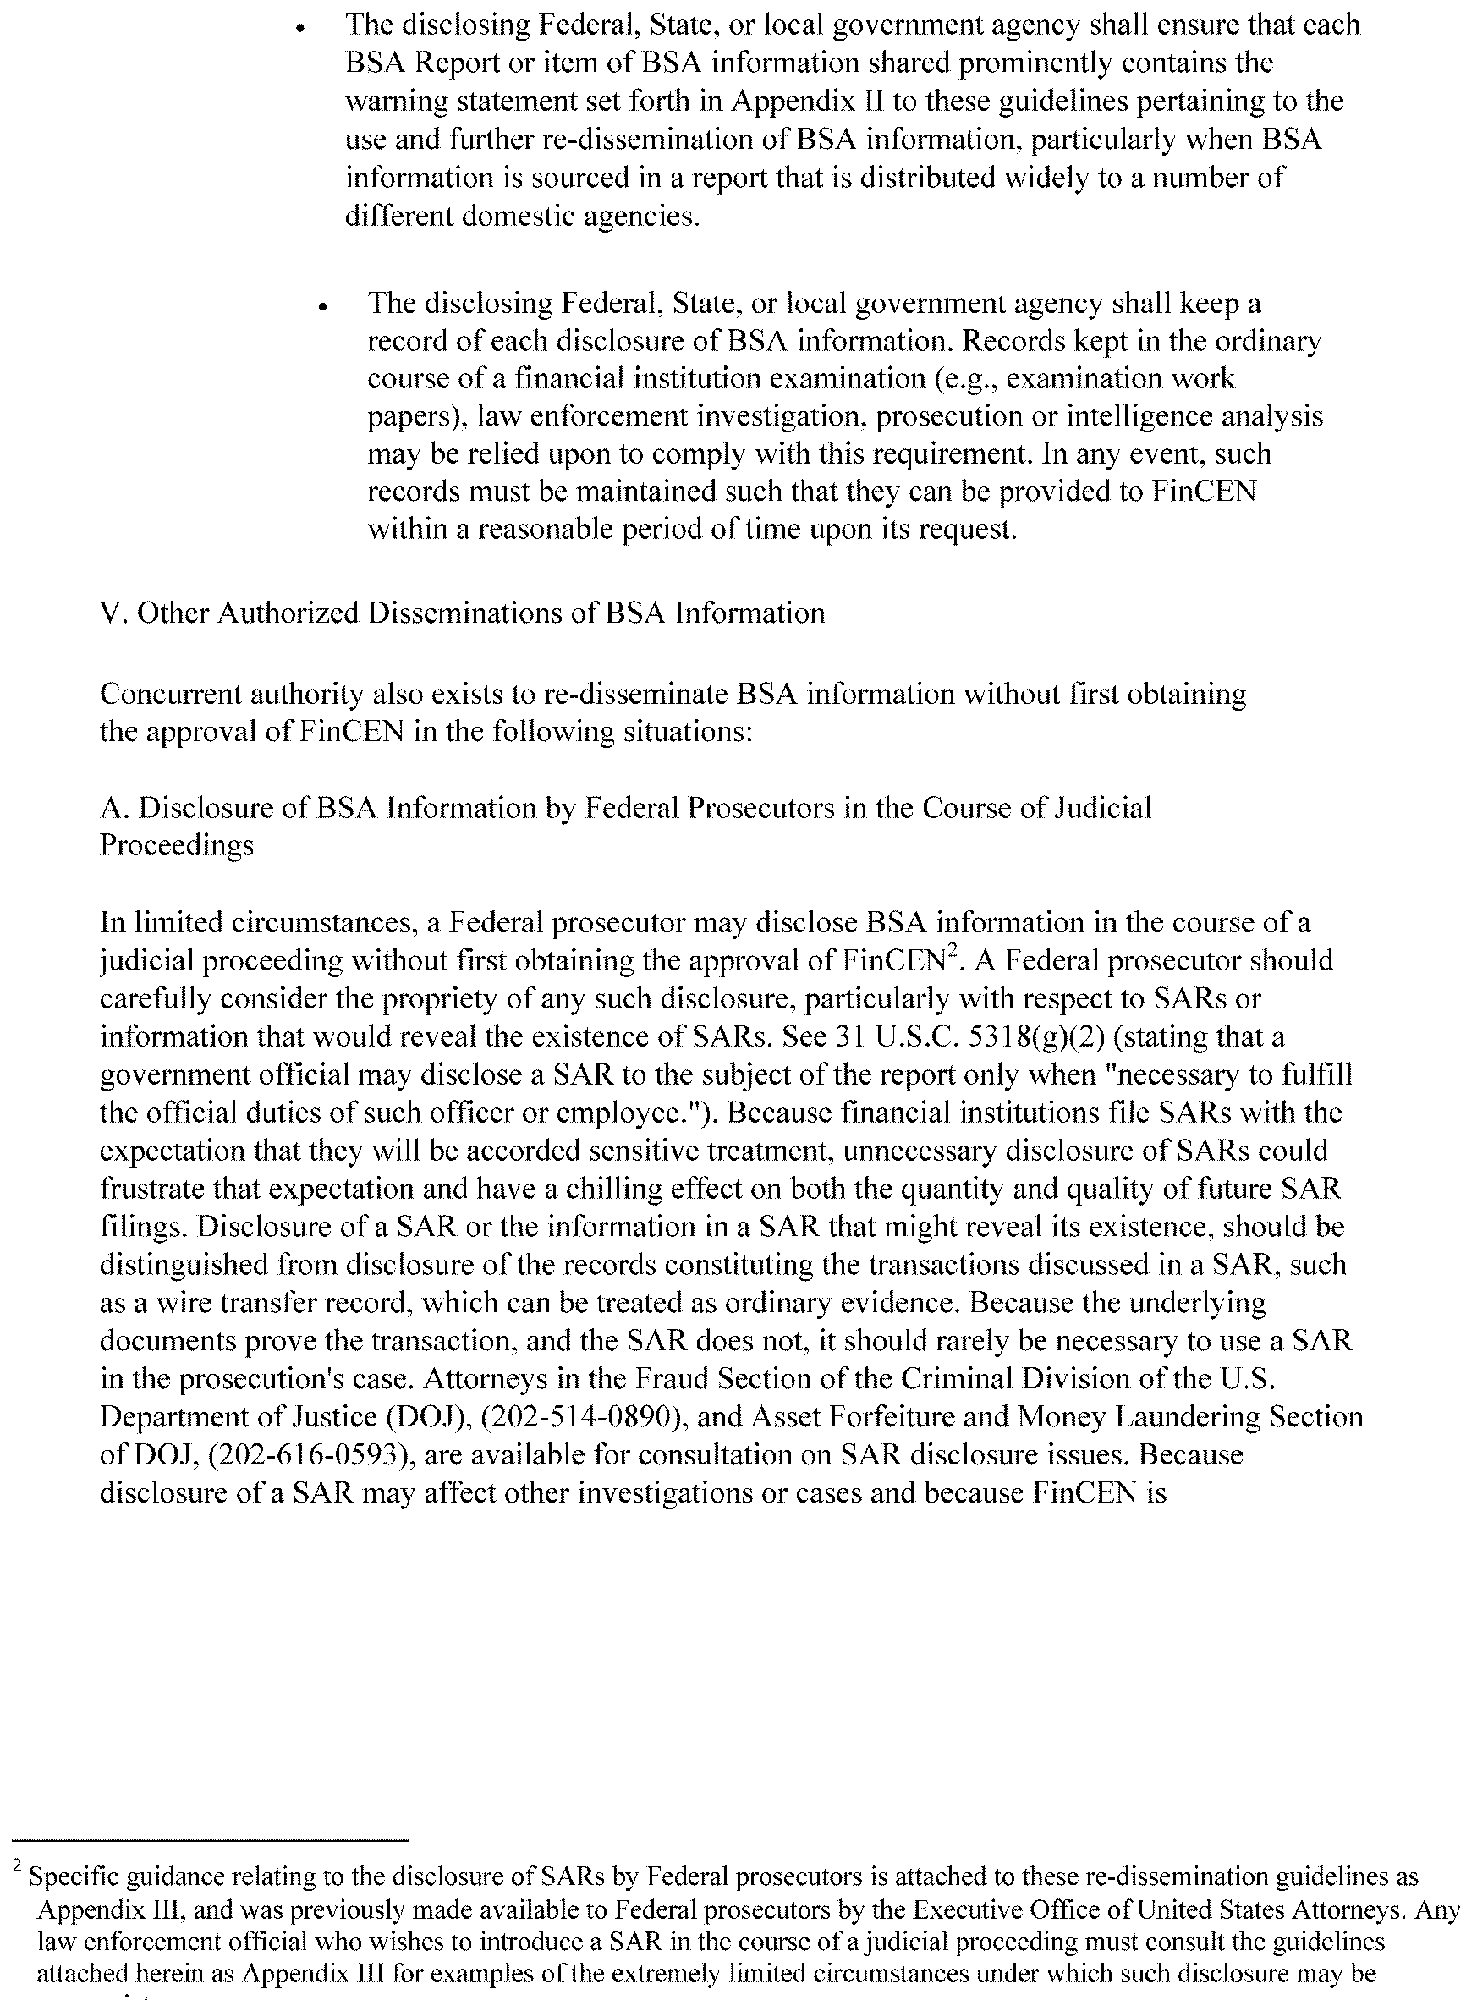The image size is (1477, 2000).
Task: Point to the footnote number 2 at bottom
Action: pos(17,1865)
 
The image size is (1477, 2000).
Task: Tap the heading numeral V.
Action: pos(113,613)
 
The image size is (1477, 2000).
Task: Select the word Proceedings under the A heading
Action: pos(176,846)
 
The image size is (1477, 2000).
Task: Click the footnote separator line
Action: pos(211,1841)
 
